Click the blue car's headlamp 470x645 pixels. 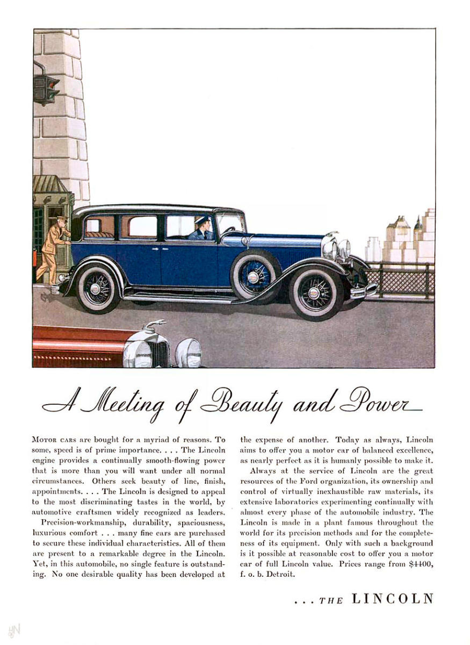[329, 249]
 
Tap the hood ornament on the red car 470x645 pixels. [156, 325]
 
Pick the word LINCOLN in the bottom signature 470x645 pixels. [392, 599]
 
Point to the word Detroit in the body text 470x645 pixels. [280, 573]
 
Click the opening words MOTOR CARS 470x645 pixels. [54, 440]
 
